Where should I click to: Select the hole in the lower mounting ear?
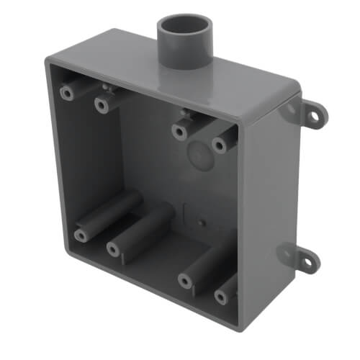(307, 261)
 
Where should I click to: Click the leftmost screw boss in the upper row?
(67, 93)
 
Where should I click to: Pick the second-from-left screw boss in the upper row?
(102, 105)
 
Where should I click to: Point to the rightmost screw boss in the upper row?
(220, 145)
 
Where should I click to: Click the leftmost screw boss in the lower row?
(79, 235)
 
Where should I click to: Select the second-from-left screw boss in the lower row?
(113, 249)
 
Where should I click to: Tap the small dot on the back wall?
(203, 220)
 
